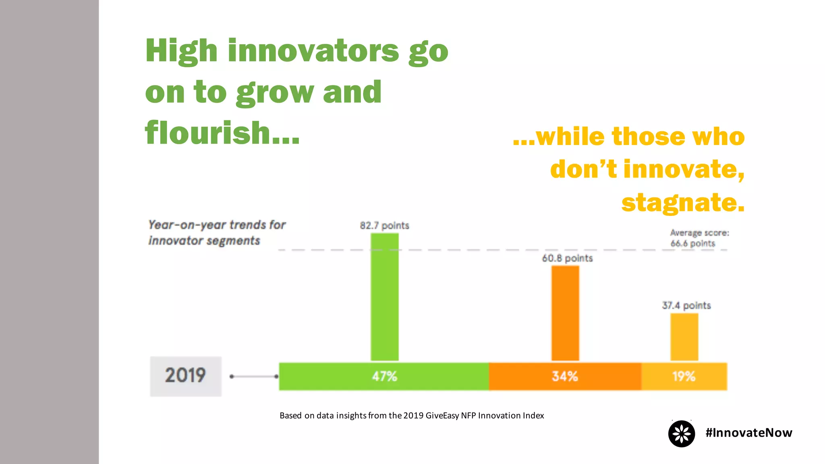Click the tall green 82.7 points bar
point(384,297)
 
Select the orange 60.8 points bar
point(565,313)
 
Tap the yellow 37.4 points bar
point(684,337)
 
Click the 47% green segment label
point(384,376)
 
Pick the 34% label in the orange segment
point(565,376)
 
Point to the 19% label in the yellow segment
point(684,376)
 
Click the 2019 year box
point(186,376)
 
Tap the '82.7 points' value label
point(384,226)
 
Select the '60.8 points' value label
point(567,258)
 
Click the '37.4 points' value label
point(686,305)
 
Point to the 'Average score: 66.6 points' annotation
point(699,238)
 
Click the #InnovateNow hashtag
point(748,433)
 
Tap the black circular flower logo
point(681,434)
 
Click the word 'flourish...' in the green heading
point(222,133)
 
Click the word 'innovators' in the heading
point(313,51)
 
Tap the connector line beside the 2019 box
point(254,377)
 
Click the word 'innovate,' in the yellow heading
point(684,169)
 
